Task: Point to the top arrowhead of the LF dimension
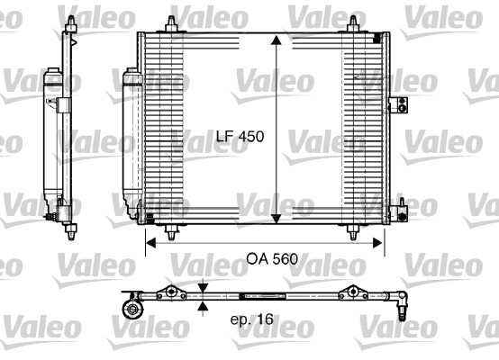[276, 40]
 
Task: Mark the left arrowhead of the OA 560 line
[150, 241]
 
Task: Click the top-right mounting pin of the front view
[352, 22]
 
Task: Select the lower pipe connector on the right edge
[393, 211]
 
